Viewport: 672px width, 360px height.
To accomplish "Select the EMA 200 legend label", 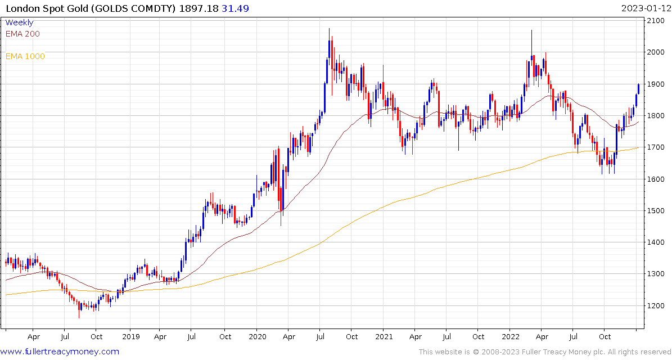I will pyautogui.click(x=22, y=34).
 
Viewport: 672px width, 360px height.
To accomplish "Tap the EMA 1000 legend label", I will pyautogui.click(x=25, y=56).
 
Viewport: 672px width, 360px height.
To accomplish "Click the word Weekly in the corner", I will pyautogui.click(x=19, y=23).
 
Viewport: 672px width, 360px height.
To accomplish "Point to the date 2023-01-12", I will pyautogui.click(x=645, y=8).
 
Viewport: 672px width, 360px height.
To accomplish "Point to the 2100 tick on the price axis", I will pyautogui.click(x=656, y=21).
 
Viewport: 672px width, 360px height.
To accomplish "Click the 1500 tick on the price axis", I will pyautogui.click(x=656, y=211).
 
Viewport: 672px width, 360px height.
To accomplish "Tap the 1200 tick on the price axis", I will pyautogui.click(x=656, y=306).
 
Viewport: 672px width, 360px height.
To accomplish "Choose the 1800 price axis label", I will pyautogui.click(x=656, y=116).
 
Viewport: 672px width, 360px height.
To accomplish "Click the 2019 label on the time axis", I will pyautogui.click(x=130, y=337).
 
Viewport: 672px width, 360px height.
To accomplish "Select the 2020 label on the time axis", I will pyautogui.click(x=257, y=337).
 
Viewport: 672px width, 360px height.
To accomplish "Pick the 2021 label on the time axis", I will pyautogui.click(x=384, y=337).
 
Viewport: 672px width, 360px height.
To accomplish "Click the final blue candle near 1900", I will pyautogui.click(x=639, y=89).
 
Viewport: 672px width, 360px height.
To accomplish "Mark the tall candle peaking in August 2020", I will pyautogui.click(x=329, y=62).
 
